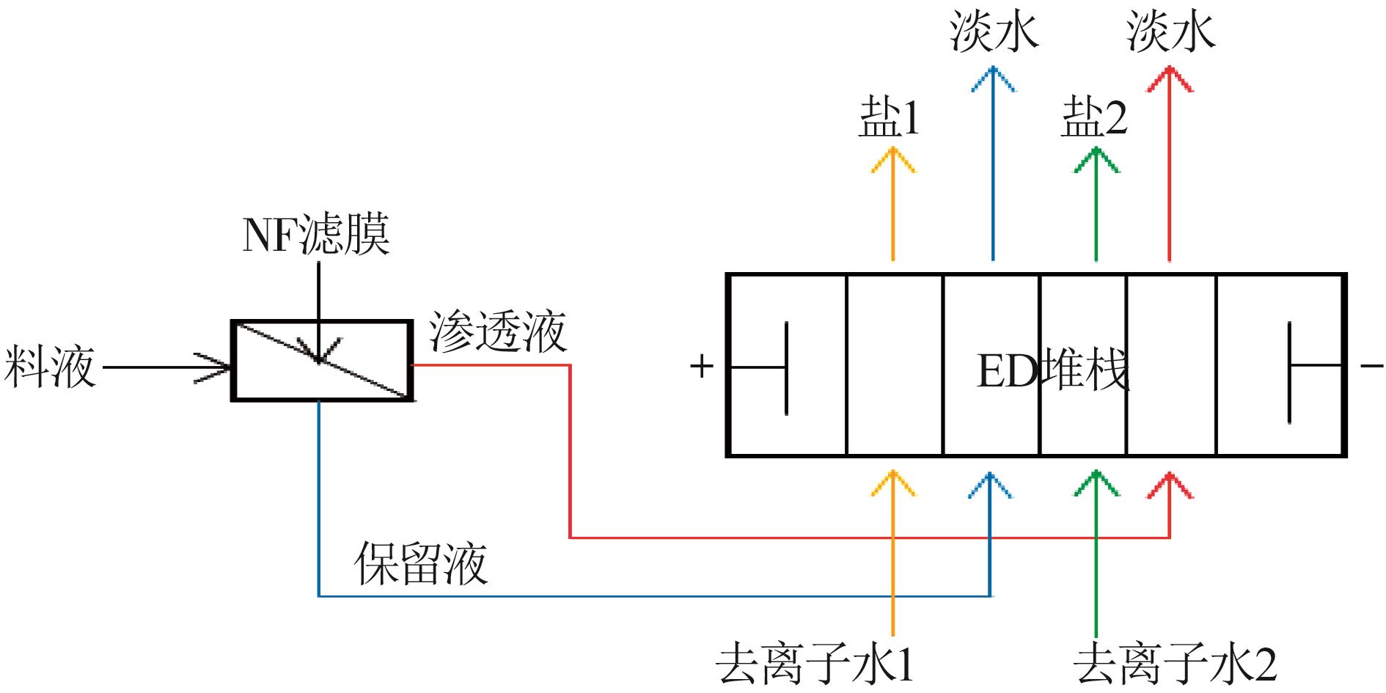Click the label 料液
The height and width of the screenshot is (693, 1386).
coord(50,367)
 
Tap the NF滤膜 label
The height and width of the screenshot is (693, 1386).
coord(316,235)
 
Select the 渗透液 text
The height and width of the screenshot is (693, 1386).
coord(498,332)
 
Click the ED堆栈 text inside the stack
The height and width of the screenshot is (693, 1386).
coord(1053,370)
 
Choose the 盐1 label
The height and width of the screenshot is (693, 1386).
coord(890,119)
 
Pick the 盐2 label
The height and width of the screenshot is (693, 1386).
coord(1093,119)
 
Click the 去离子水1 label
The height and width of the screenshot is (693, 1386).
coord(815,664)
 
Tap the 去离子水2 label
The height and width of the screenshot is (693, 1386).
coord(1174,664)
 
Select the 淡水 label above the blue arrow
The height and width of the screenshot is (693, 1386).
coord(994,32)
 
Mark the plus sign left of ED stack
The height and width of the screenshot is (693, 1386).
coord(702,365)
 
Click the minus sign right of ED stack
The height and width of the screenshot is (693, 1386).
coord(1371,364)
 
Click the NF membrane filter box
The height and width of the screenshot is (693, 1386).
coord(322,361)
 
